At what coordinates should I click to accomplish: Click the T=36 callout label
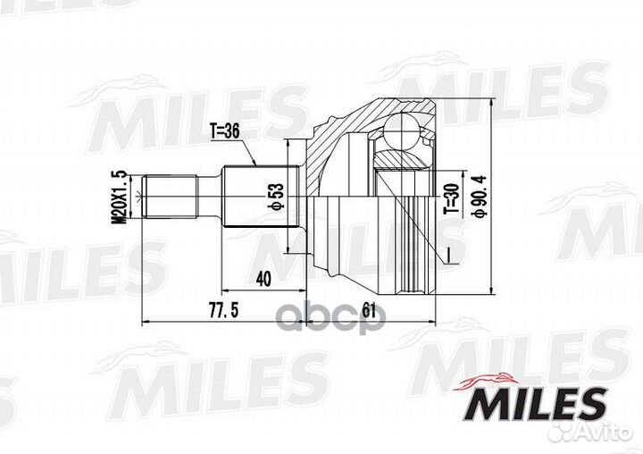tap(225, 131)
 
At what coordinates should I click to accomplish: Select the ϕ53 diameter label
tap(276, 197)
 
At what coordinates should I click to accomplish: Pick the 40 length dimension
tap(263, 280)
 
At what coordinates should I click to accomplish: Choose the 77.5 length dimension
tap(223, 311)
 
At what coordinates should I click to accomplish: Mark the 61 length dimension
tap(369, 311)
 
